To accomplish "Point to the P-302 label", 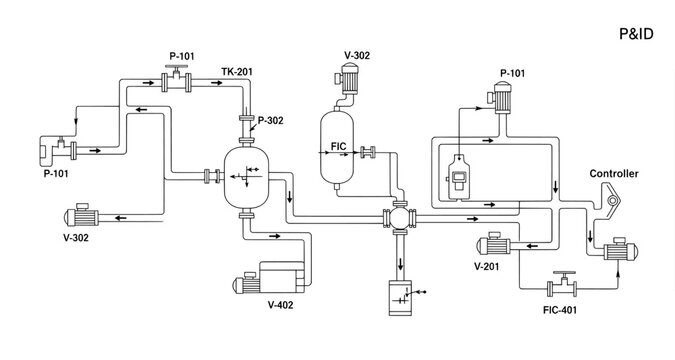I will [x=271, y=120].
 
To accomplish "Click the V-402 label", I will [x=281, y=305].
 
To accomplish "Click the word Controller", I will [x=613, y=173].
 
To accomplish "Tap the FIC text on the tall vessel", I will [x=338, y=147].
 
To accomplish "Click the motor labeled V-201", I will [x=497, y=245].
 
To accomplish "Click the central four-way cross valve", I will [x=400, y=222].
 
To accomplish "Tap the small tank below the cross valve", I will [x=400, y=298].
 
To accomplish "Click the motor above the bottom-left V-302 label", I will [x=80, y=216].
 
